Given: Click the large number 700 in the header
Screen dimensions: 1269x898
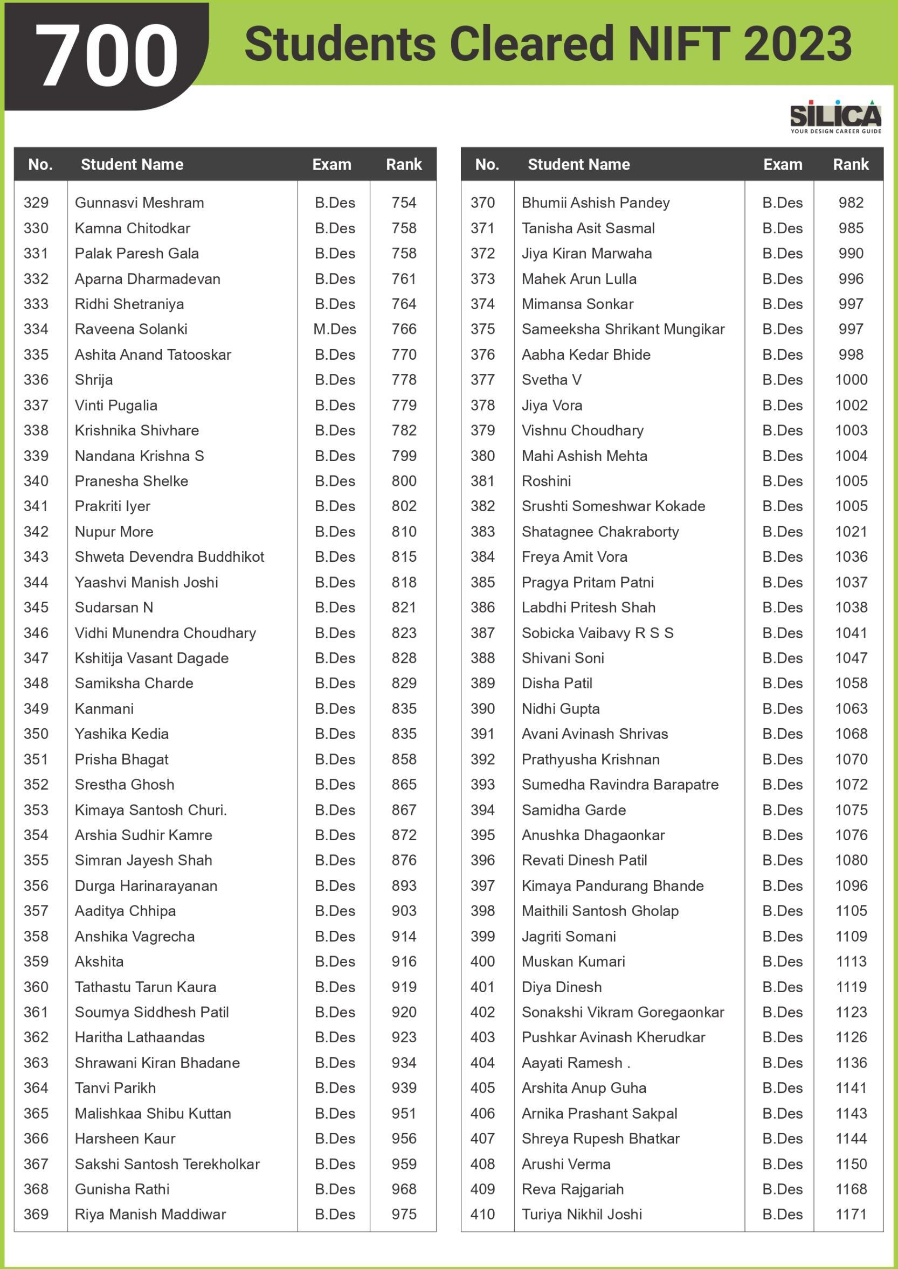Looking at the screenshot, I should click(107, 55).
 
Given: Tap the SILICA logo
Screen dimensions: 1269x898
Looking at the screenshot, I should click(835, 116).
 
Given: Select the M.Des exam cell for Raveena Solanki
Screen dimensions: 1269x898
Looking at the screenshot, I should click(335, 329).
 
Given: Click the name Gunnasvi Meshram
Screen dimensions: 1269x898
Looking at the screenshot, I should click(140, 203).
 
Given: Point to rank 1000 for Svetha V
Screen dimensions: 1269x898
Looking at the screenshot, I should click(851, 380).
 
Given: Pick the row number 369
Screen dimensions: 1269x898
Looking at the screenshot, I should click(36, 1214).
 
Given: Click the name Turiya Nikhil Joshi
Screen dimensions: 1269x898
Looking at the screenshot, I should click(582, 1214).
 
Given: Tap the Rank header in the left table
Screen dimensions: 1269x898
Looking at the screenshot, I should click(404, 164).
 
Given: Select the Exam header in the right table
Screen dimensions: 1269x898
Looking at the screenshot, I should click(783, 164).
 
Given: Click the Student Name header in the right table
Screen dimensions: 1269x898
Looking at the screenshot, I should click(578, 164).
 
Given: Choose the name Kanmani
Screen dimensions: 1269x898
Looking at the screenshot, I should click(104, 709).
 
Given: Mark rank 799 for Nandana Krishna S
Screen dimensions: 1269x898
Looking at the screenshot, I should click(404, 456).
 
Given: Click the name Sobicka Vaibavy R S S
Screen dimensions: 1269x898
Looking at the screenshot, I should click(597, 633).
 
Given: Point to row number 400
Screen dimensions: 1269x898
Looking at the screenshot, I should click(483, 961).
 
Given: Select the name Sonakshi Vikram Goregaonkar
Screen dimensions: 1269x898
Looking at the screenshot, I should click(623, 1012).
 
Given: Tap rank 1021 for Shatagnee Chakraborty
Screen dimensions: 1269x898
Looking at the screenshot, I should click(851, 532).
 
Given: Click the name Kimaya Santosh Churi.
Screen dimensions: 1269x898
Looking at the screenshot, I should click(150, 810).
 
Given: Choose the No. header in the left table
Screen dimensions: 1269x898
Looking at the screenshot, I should click(40, 164).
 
